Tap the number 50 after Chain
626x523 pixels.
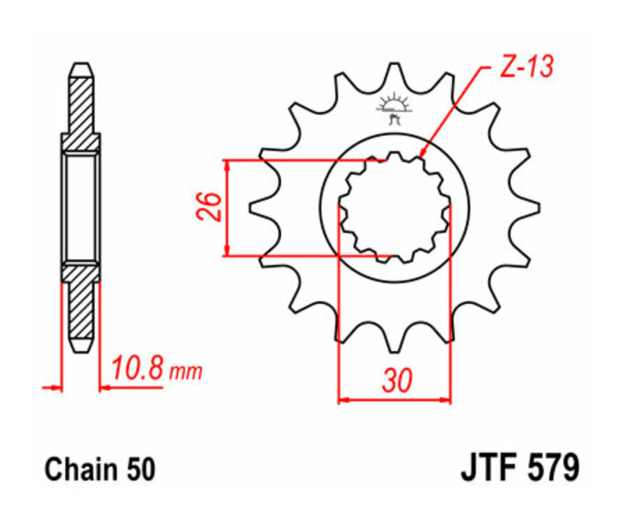click(138, 469)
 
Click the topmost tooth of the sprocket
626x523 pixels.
click(394, 72)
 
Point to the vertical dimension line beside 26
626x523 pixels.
click(227, 207)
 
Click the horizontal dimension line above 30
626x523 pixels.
click(394, 400)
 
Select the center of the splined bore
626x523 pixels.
click(394, 207)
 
